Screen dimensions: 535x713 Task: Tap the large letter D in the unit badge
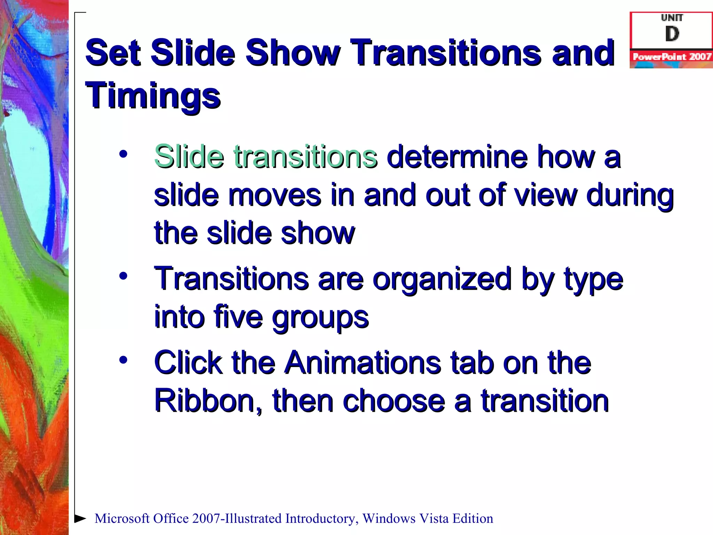click(672, 34)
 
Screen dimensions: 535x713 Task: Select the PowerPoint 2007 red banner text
click(672, 56)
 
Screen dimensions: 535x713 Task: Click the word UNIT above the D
click(672, 18)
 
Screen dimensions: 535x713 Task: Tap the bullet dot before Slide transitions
click(123, 154)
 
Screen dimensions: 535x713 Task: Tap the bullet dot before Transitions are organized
click(123, 276)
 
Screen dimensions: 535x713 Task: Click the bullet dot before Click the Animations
click(123, 360)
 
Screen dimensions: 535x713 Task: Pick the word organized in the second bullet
click(442, 279)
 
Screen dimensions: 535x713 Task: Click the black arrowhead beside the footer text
click(80, 518)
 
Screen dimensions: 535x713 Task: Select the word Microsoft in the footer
click(122, 518)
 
